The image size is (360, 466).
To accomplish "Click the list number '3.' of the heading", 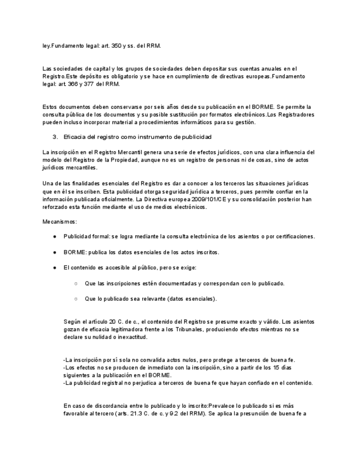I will (x=54, y=136).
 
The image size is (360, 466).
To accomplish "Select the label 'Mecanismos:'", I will (x=60, y=221).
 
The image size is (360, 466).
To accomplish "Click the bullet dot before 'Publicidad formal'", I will (x=55, y=236).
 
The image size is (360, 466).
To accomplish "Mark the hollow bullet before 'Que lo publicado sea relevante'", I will (x=75, y=299).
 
